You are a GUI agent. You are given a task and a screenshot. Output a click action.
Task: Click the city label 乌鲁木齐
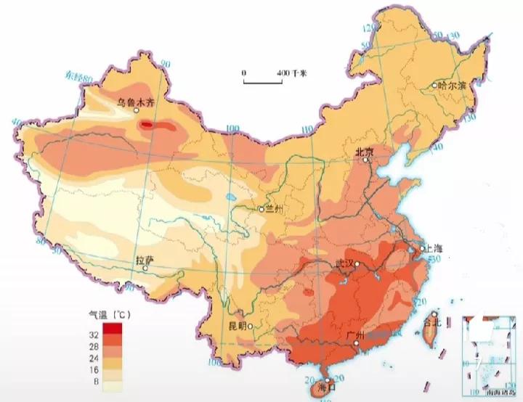[139, 102]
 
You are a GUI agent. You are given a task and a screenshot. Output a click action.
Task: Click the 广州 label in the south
[356, 335]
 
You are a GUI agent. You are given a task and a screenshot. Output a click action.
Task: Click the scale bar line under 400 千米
[263, 83]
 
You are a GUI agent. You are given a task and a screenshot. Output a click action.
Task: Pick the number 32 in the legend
[94, 335]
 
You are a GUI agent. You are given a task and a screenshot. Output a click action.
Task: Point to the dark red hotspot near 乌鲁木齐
[147, 125]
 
